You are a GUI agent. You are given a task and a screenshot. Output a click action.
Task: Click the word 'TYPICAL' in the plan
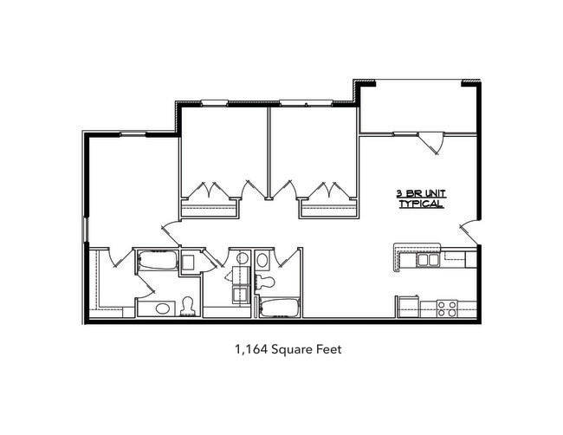[421, 205]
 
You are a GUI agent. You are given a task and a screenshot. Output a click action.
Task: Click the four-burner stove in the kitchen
[447, 307]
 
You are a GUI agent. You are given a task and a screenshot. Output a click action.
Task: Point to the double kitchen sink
[427, 259]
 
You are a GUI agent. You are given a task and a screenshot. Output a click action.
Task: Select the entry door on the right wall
[468, 231]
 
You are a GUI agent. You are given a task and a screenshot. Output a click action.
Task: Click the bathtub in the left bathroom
[157, 260]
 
